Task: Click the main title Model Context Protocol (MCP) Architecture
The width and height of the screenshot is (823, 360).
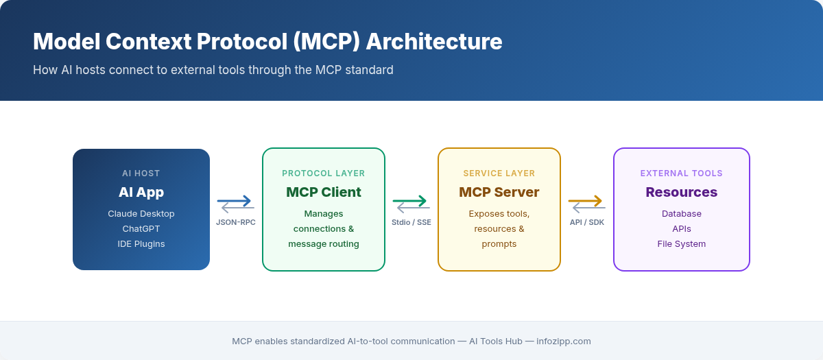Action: click(267, 42)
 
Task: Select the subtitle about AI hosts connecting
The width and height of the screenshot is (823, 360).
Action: click(213, 70)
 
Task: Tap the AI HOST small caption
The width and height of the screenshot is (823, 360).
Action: click(141, 173)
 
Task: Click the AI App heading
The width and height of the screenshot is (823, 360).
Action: click(141, 192)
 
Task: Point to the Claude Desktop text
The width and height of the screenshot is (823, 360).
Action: click(141, 213)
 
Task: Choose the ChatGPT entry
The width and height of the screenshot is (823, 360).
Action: click(141, 228)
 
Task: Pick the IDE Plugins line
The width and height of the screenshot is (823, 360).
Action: click(141, 243)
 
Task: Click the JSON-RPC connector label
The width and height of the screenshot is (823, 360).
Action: click(236, 222)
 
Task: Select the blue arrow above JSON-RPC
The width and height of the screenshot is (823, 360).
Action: click(235, 202)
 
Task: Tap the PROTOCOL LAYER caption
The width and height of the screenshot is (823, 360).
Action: click(324, 173)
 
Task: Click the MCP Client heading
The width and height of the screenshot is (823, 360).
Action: click(324, 192)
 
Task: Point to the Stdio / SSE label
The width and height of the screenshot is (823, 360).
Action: click(411, 222)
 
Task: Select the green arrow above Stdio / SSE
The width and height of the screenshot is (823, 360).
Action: click(411, 202)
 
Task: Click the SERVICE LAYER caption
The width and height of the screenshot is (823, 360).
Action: click(499, 173)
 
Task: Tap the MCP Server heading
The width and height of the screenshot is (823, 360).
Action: click(499, 192)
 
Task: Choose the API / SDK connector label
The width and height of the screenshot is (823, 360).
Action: click(587, 222)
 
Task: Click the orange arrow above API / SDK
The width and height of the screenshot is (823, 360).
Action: click(586, 201)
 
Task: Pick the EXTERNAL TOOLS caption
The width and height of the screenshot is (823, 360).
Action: click(682, 173)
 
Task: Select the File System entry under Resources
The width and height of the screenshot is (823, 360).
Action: click(682, 243)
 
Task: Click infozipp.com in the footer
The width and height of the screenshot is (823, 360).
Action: click(563, 341)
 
